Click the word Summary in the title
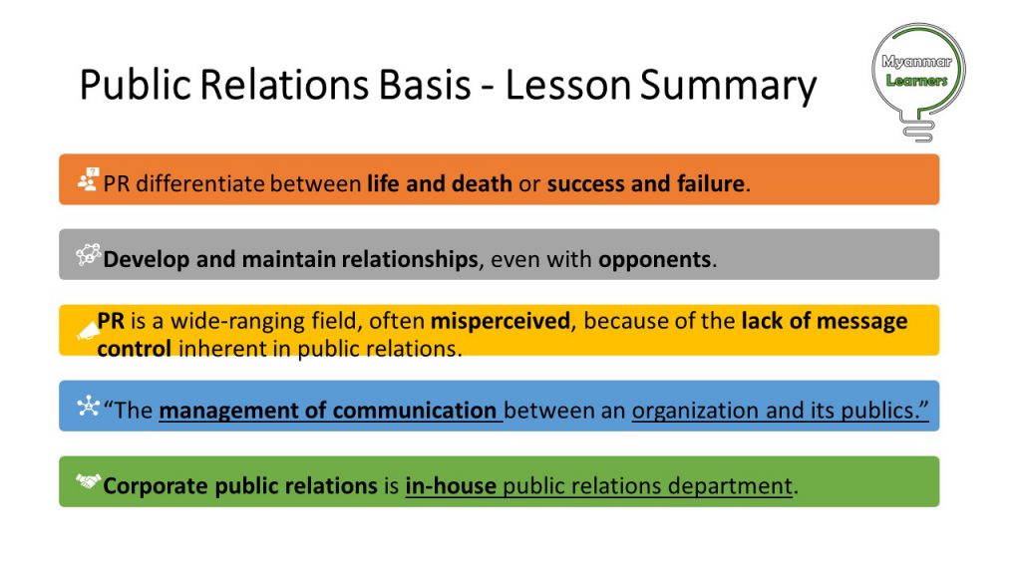[x=728, y=87]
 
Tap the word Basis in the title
[x=425, y=85]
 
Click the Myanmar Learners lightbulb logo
[x=918, y=82]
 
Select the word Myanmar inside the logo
[x=917, y=62]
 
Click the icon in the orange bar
[x=88, y=179]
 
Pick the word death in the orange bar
[x=482, y=183]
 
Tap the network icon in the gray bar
[x=88, y=254]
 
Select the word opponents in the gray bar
[x=654, y=260]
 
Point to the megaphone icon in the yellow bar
[x=88, y=332]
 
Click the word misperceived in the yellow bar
[x=501, y=322]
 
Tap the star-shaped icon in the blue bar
[x=88, y=407]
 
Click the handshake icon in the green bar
[x=88, y=481]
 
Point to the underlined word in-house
[x=451, y=486]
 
